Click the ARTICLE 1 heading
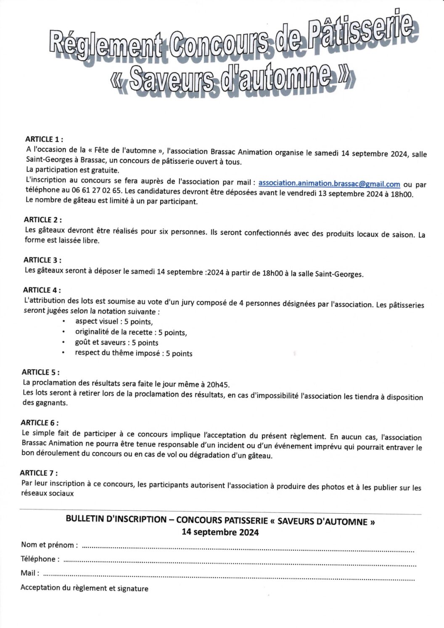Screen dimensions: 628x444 pos(44,139)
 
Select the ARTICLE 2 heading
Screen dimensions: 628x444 pos(43,220)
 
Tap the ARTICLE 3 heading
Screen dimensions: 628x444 pos(42,260)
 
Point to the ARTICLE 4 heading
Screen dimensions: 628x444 pos(42,290)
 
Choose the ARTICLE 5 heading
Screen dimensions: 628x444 pos(40,372)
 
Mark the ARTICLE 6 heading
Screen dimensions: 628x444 pos(40,422)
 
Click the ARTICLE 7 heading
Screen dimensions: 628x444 pos(40,473)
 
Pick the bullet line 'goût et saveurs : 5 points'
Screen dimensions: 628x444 pos(116,343)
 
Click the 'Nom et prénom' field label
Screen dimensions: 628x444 pos(49,545)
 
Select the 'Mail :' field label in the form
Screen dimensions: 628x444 pos(30,573)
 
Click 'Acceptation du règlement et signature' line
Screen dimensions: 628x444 pos(84,588)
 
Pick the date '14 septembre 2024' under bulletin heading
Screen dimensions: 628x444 pos(220,532)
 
